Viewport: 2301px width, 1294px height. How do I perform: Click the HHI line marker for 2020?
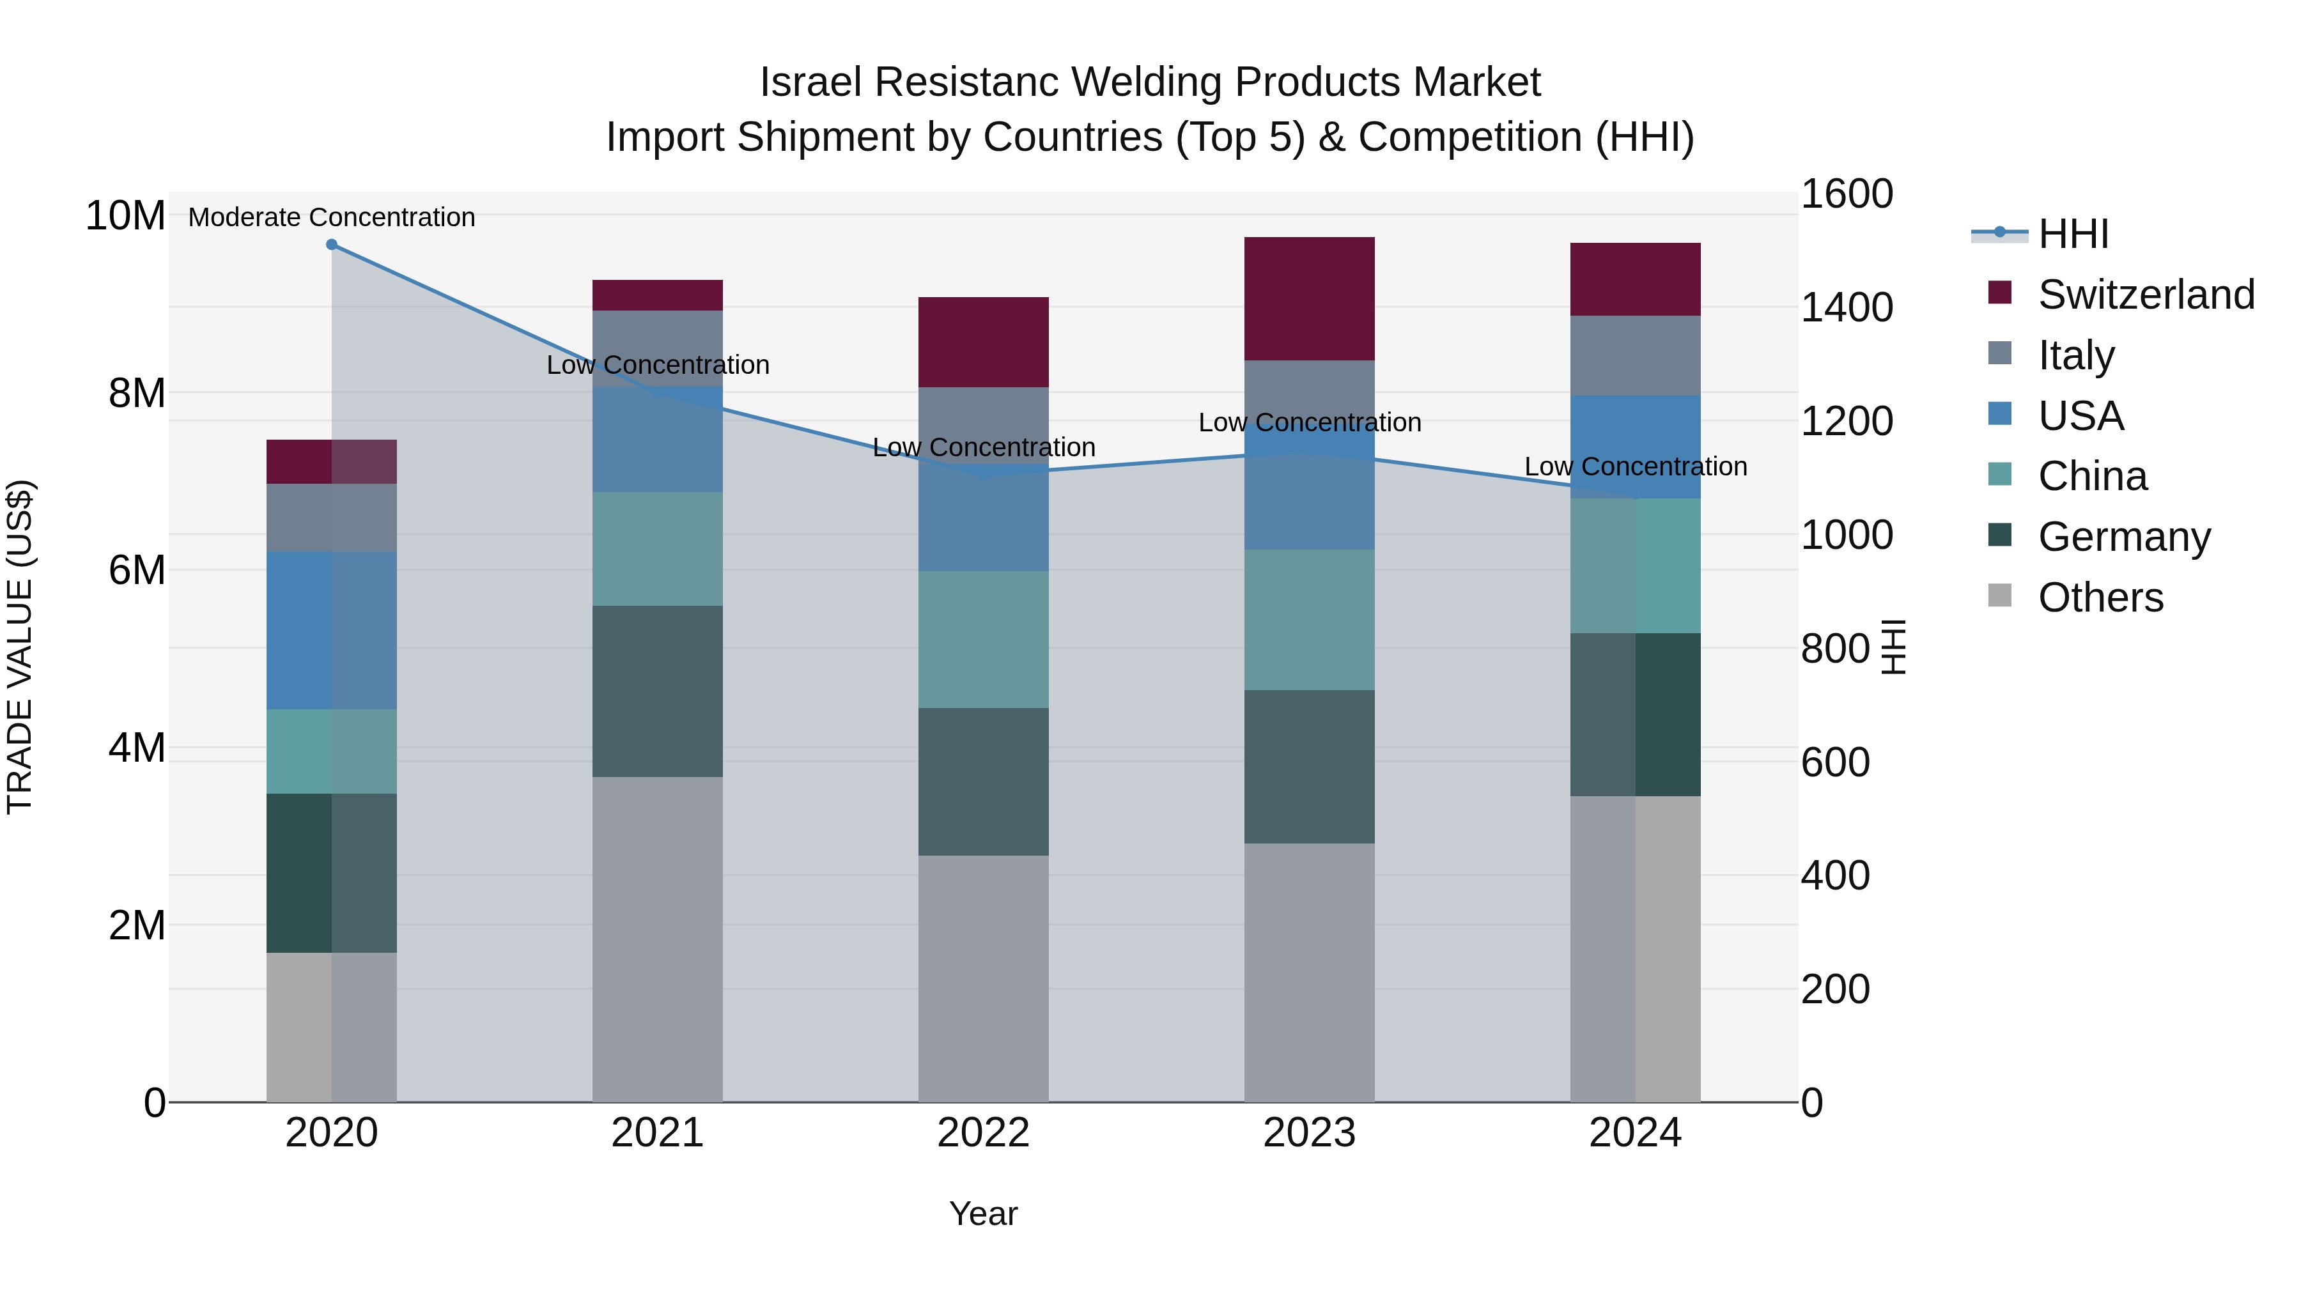[x=331, y=245]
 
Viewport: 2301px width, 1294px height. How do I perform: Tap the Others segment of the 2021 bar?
[x=658, y=939]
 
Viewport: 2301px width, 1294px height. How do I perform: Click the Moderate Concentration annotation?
[x=331, y=217]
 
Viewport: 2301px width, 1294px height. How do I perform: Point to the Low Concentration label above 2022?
[x=984, y=447]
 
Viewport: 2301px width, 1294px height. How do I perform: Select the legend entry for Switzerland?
[x=2146, y=295]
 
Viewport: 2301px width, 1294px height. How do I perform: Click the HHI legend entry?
[x=2072, y=234]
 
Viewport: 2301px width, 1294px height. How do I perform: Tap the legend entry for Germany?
[x=2123, y=537]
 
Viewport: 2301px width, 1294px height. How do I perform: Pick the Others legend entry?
[x=2100, y=597]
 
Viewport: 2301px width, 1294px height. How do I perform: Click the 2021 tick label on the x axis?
[x=658, y=1133]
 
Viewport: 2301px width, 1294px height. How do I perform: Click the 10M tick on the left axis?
[x=125, y=216]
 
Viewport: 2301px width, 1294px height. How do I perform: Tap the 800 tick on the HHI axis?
[x=1834, y=649]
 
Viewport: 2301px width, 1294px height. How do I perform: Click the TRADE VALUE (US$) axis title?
[x=20, y=647]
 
